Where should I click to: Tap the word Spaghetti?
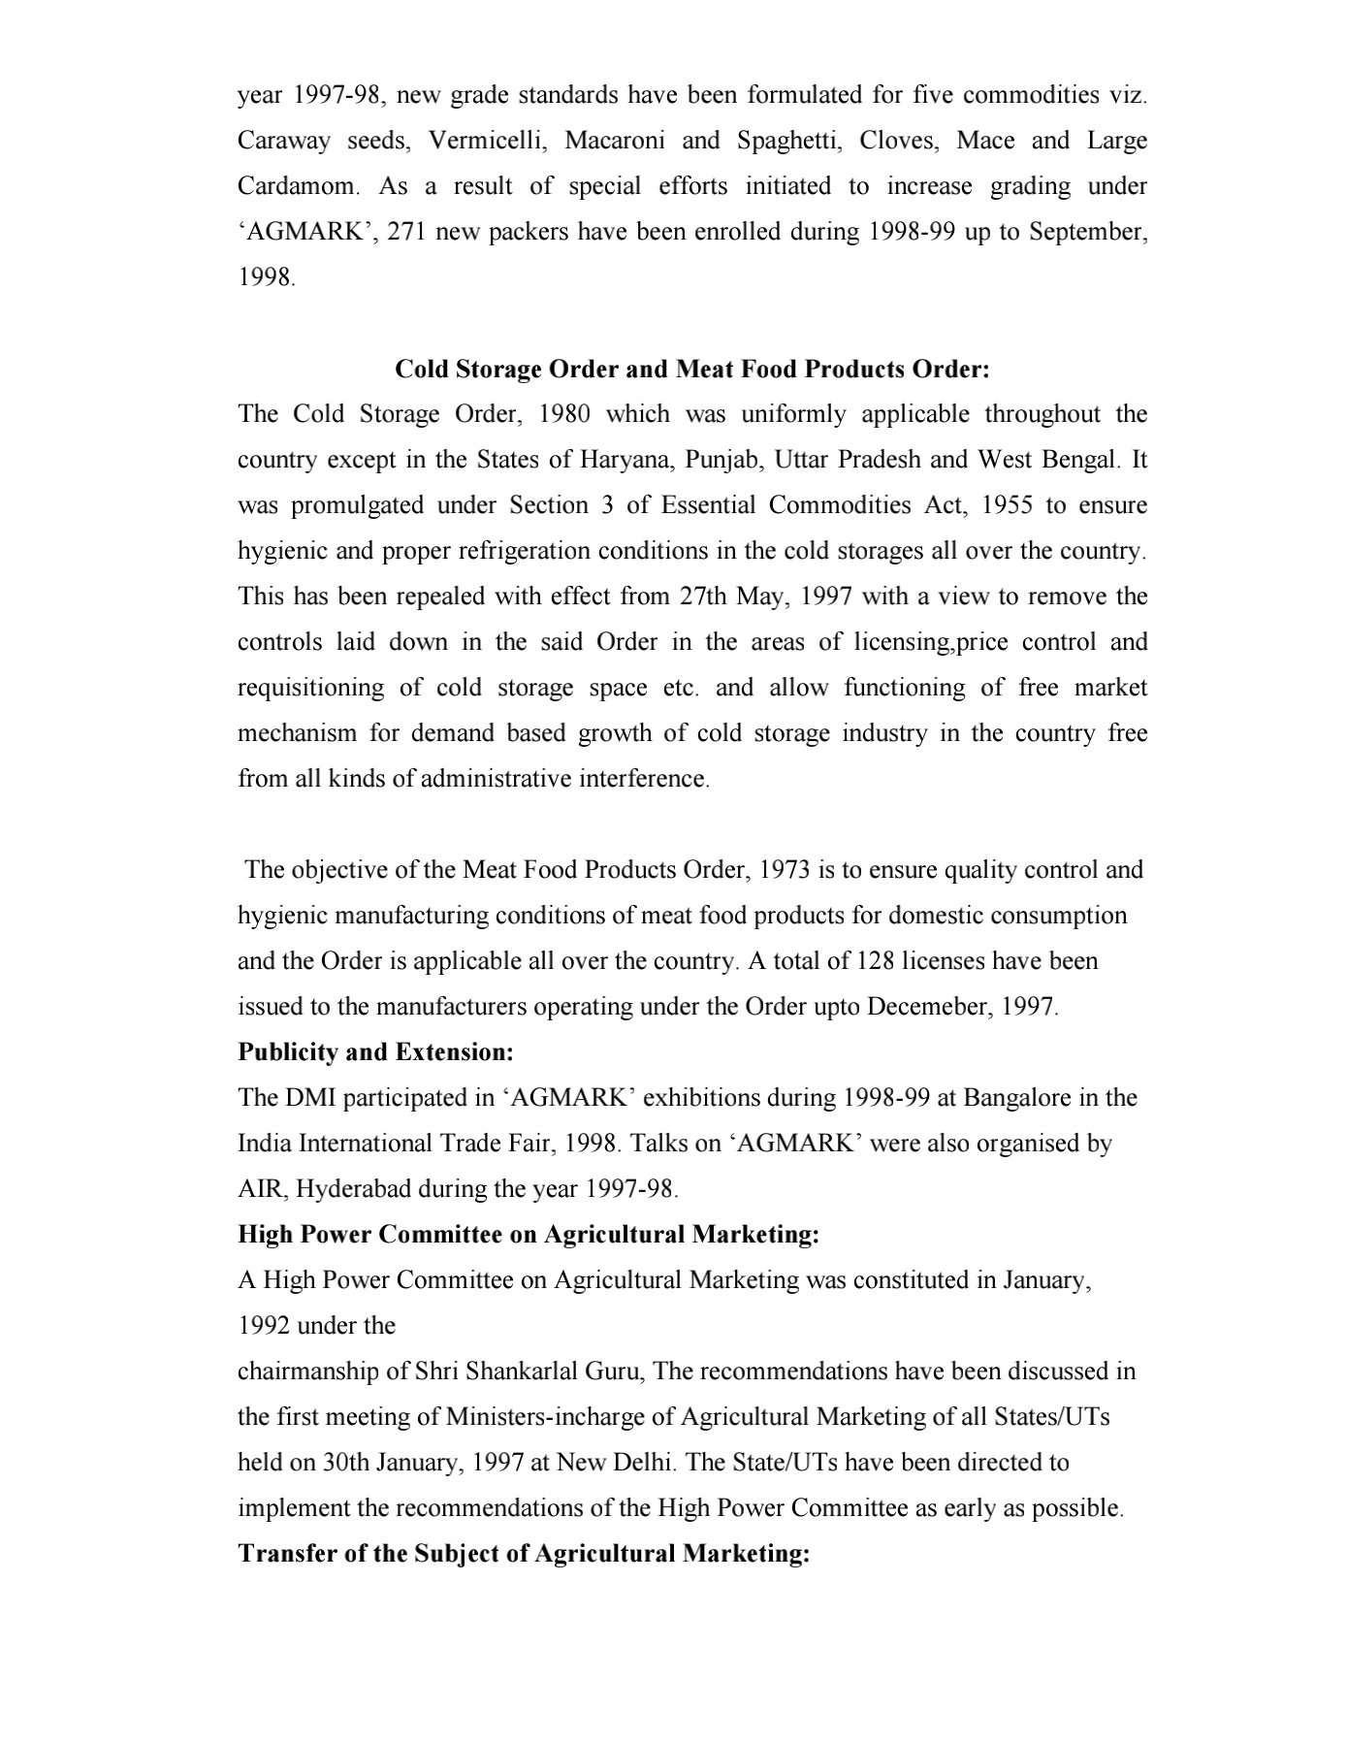[797, 142]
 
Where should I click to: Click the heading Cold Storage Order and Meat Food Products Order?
[692, 370]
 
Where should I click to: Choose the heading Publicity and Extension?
[375, 1052]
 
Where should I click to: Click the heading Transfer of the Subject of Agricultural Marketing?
[524, 1554]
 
